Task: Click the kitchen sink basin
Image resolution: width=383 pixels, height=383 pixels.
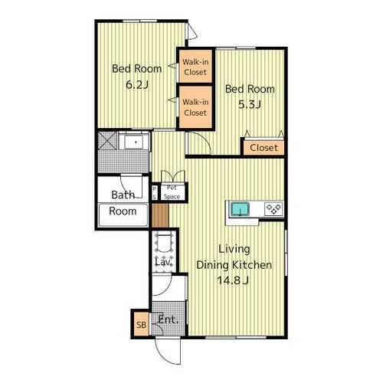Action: point(240,208)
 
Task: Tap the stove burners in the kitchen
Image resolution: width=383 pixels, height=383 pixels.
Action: point(273,209)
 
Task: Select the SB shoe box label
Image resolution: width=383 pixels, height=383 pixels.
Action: point(141,325)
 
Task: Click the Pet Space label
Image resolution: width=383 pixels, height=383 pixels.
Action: point(172,192)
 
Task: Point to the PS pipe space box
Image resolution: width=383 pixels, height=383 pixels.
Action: point(154,192)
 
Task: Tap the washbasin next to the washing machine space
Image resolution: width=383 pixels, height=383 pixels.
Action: point(134,141)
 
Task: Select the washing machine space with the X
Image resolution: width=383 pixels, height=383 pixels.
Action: point(107,140)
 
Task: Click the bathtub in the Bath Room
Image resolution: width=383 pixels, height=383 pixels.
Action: point(123,214)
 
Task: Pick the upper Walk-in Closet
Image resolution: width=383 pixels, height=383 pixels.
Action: point(195,67)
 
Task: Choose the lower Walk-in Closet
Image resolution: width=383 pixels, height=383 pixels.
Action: point(195,107)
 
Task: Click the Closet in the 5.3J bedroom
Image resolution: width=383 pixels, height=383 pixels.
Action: point(264,147)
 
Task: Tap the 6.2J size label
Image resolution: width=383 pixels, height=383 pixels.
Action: point(137,84)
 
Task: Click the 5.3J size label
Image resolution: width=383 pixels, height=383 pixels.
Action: point(250,104)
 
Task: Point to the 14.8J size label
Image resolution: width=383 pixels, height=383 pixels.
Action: point(233,280)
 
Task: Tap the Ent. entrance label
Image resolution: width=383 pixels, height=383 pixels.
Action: point(168,319)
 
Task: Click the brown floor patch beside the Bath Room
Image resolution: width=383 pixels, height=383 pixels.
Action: point(160,215)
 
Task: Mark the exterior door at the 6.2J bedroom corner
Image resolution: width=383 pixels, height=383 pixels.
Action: point(192,31)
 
